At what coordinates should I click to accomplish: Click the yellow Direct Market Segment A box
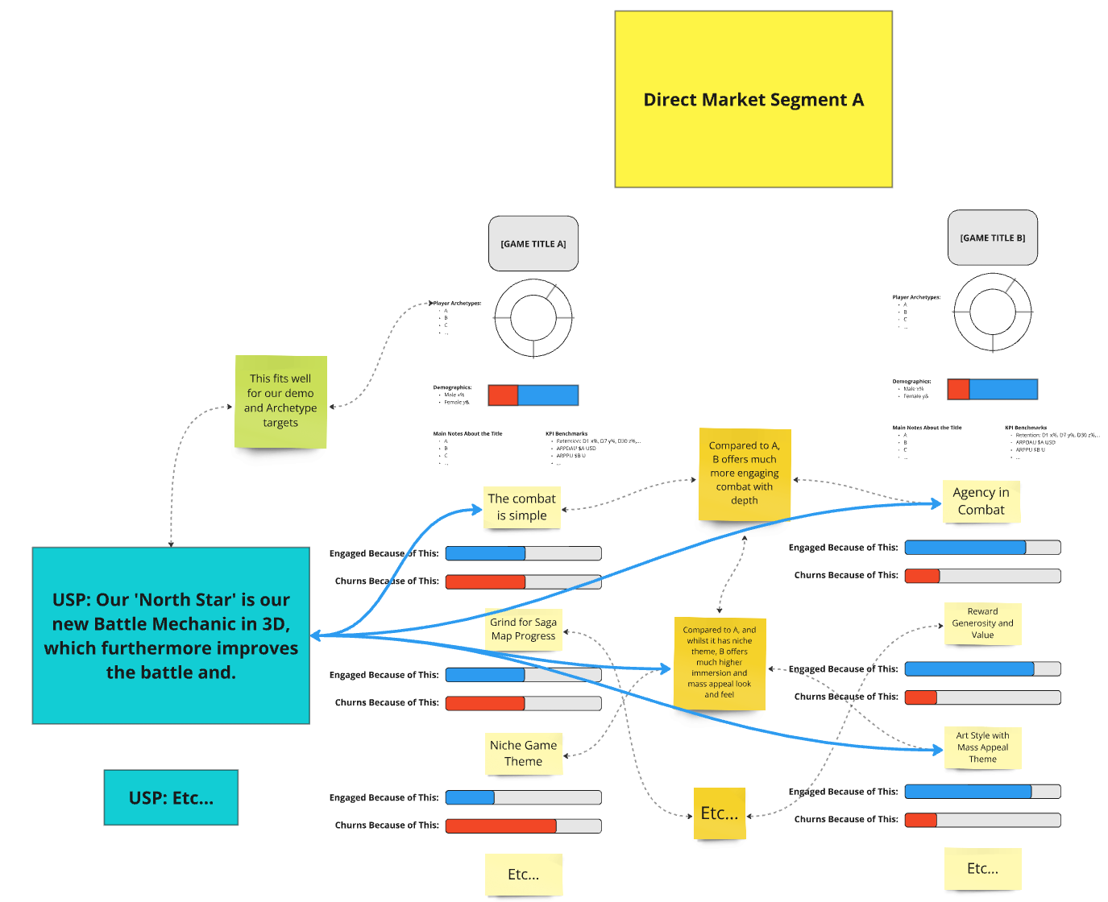click(x=753, y=99)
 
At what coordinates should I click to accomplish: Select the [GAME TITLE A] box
click(x=533, y=243)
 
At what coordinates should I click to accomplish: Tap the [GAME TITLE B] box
click(x=992, y=238)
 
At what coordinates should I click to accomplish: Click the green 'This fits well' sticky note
click(x=280, y=401)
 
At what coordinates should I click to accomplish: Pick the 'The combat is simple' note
click(x=521, y=507)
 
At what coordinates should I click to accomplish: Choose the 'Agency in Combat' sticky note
click(x=981, y=501)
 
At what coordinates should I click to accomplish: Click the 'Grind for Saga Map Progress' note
click(x=523, y=629)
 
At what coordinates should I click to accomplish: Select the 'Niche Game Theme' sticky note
click(x=523, y=753)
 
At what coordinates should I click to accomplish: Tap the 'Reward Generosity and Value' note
click(x=982, y=623)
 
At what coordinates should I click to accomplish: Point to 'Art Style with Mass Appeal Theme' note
click(x=982, y=747)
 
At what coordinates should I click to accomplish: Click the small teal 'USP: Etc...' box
click(x=171, y=797)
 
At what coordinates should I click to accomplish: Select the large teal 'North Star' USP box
click(x=171, y=635)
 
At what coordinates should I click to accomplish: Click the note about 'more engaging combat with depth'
click(x=744, y=474)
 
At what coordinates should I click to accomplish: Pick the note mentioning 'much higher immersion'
click(x=719, y=663)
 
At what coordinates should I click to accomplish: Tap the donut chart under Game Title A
click(x=533, y=318)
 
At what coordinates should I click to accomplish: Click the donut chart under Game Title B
click(x=992, y=312)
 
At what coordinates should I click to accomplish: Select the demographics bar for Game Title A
click(x=533, y=395)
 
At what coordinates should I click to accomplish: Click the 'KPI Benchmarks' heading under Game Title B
click(x=1025, y=428)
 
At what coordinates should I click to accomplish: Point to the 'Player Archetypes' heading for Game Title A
click(x=458, y=304)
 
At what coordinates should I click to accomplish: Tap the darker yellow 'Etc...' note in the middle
click(x=719, y=813)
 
